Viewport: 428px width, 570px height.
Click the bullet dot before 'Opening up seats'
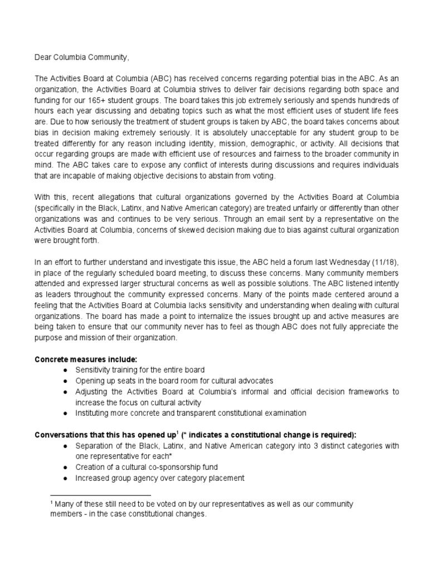coord(65,381)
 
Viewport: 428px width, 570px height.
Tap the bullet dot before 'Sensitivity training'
coord(65,370)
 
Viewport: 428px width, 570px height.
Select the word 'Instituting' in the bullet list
coord(94,413)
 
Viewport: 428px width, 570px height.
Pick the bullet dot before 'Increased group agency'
coord(65,478)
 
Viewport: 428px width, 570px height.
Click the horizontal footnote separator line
coord(100,494)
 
